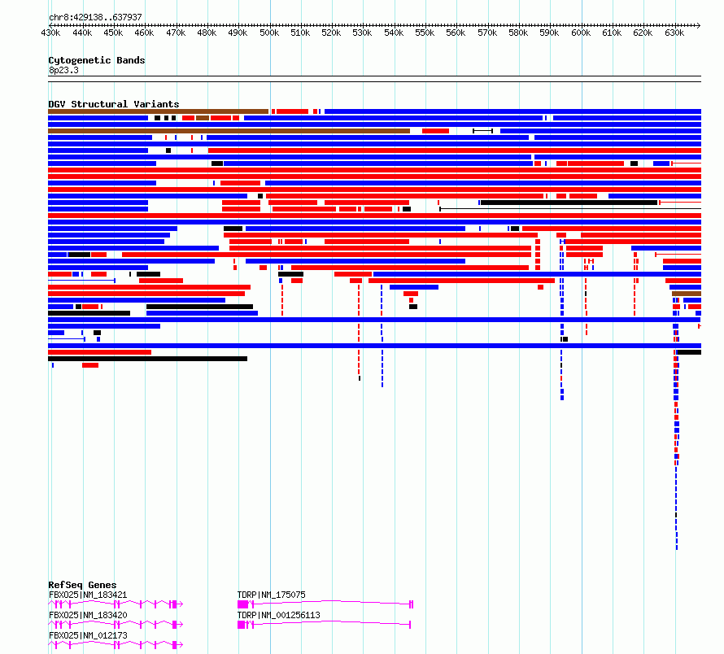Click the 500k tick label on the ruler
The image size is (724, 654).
pos(269,33)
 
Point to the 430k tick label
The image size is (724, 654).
pos(50,33)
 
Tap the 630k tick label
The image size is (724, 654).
pos(674,33)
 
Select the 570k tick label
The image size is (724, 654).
pos(487,33)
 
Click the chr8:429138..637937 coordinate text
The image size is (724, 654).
pos(95,18)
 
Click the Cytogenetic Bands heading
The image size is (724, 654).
pos(97,60)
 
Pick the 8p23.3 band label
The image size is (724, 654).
pos(63,70)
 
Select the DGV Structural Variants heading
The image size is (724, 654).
pos(114,104)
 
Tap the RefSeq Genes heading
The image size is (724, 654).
pos(82,585)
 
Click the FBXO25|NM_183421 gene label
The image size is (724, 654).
pos(88,595)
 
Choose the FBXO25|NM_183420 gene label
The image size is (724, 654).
pos(88,615)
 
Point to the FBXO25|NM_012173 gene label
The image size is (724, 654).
pos(88,635)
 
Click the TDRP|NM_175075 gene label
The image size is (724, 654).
pos(271,595)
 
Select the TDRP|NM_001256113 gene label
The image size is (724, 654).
pos(278,615)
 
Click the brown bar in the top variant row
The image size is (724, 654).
pos(159,111)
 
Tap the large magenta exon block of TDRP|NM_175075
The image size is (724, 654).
pos(242,604)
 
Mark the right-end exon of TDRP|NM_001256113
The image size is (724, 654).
pos(410,625)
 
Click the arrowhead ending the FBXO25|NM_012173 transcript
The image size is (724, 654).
pos(181,645)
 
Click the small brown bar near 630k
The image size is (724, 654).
pos(687,294)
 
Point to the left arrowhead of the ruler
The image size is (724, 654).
pos(50,25)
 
